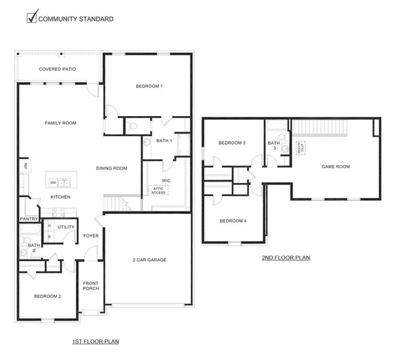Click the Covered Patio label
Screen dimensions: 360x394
[x=57, y=69]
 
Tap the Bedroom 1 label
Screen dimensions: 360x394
[x=149, y=86]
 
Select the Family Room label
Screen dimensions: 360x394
[x=60, y=123]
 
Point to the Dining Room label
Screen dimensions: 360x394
[x=111, y=168]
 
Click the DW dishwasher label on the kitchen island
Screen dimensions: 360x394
[x=53, y=182]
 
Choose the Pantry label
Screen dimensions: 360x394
[x=28, y=219]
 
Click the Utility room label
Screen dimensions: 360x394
[x=66, y=227]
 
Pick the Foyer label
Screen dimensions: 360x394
[x=91, y=236]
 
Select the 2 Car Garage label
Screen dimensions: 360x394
[x=150, y=260]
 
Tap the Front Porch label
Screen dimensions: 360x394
[x=91, y=286]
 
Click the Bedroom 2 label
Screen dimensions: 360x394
[x=47, y=296]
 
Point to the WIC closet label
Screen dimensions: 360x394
[x=166, y=180]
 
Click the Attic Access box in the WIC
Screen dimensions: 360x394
[x=158, y=190]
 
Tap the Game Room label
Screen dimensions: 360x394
[x=336, y=167]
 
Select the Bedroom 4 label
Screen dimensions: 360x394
[x=232, y=221]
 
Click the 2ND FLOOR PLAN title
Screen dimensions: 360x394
[x=286, y=258]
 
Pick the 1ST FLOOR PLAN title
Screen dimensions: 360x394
[x=95, y=342]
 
